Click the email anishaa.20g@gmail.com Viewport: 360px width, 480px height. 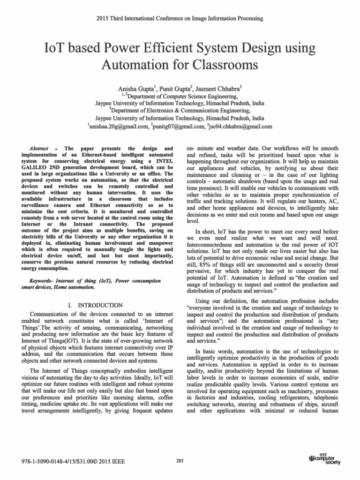tap(117, 127)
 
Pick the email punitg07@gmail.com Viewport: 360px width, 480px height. tap(179, 127)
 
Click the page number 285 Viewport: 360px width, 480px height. tap(180, 461)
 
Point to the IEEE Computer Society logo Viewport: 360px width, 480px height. tap(325, 459)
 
